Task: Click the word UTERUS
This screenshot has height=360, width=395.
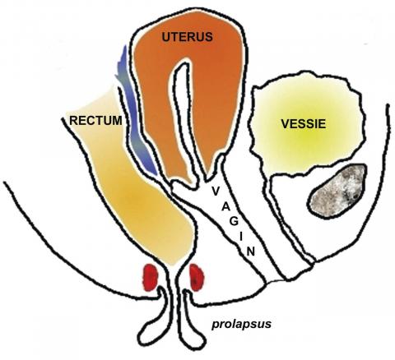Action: [x=188, y=37]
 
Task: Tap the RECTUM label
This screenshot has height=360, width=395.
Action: [x=95, y=121]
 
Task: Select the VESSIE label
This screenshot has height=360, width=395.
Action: [x=304, y=124]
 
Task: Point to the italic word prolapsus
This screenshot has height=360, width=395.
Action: [x=241, y=325]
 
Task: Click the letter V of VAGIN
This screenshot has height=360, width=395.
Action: [x=216, y=191]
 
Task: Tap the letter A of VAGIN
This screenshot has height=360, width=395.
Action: [x=225, y=207]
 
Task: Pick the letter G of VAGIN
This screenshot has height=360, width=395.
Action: [x=234, y=222]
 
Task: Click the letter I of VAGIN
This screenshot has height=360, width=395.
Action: [x=241, y=237]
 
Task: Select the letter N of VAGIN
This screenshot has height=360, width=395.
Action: [x=250, y=252]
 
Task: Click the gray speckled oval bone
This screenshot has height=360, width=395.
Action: [x=337, y=191]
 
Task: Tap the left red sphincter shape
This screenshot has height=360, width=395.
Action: [x=150, y=277]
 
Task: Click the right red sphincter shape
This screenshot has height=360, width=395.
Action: [x=197, y=277]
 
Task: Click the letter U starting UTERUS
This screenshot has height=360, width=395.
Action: [x=166, y=37]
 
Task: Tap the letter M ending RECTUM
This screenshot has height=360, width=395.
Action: [x=117, y=121]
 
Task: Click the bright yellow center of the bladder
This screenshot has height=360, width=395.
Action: [x=304, y=137]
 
